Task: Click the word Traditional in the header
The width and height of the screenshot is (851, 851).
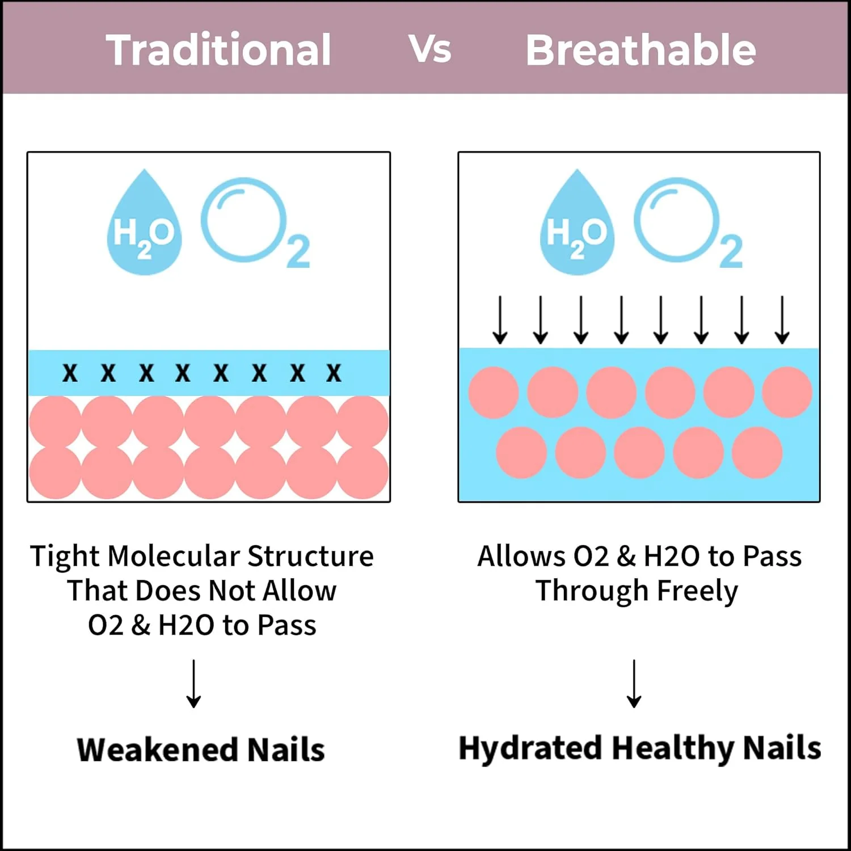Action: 218,50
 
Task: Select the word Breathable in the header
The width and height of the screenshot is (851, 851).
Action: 641,50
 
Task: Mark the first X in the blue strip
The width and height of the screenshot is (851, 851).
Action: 70,373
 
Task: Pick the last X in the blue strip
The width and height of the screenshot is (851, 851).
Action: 334,373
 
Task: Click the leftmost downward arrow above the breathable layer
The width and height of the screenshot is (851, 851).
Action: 500,320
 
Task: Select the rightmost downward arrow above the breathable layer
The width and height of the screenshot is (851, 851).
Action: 782,320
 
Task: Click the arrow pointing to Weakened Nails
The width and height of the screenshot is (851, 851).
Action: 194,684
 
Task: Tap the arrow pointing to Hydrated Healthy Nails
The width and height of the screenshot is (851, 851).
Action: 634,684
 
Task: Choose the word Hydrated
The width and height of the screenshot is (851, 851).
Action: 530,748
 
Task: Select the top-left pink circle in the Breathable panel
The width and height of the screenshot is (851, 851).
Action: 494,393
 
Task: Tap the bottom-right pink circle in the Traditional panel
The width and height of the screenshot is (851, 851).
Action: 363,473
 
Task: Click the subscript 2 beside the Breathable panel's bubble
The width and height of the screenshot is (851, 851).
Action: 731,251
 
